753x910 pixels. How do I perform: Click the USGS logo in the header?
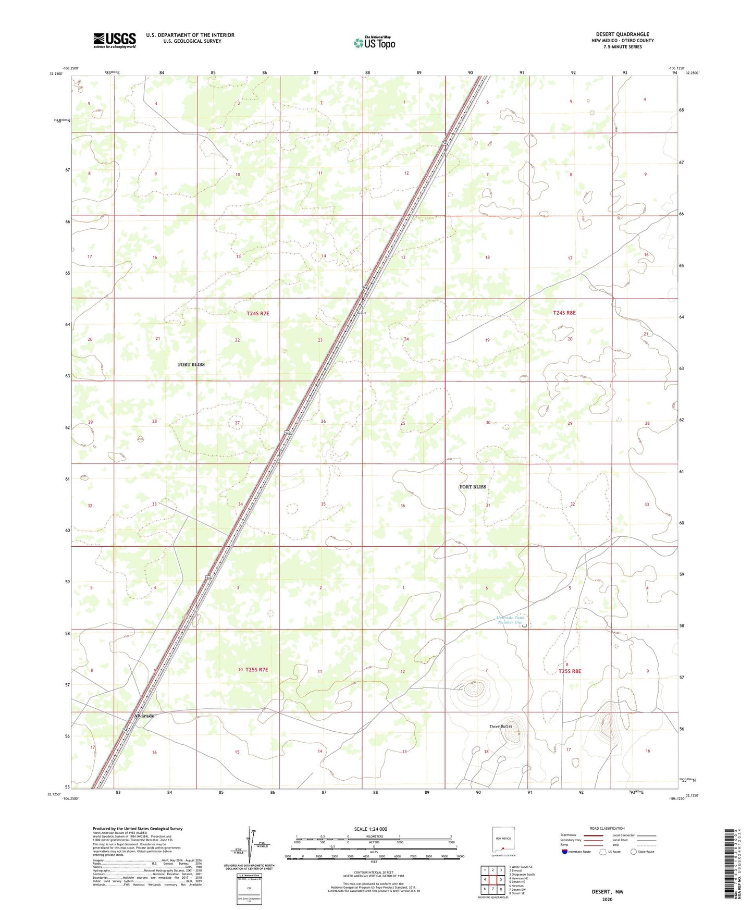pos(115,40)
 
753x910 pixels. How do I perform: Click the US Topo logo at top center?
pos(374,42)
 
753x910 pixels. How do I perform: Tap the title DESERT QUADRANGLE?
pos(623,34)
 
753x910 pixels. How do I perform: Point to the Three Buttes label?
pos(500,727)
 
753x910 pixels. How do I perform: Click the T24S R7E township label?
pos(258,313)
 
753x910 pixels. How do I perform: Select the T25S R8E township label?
pos(570,671)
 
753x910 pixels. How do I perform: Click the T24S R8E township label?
pos(564,313)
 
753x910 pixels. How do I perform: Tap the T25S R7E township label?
pos(256,670)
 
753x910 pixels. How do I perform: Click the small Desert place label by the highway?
pos(361,313)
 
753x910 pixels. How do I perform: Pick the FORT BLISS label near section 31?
pos(473,487)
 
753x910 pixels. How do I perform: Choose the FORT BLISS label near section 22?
pos(191,364)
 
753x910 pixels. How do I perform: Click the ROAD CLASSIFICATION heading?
pos(607,828)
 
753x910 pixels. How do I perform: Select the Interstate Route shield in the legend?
pos(565,852)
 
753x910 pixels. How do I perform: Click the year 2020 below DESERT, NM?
pos(607,899)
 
